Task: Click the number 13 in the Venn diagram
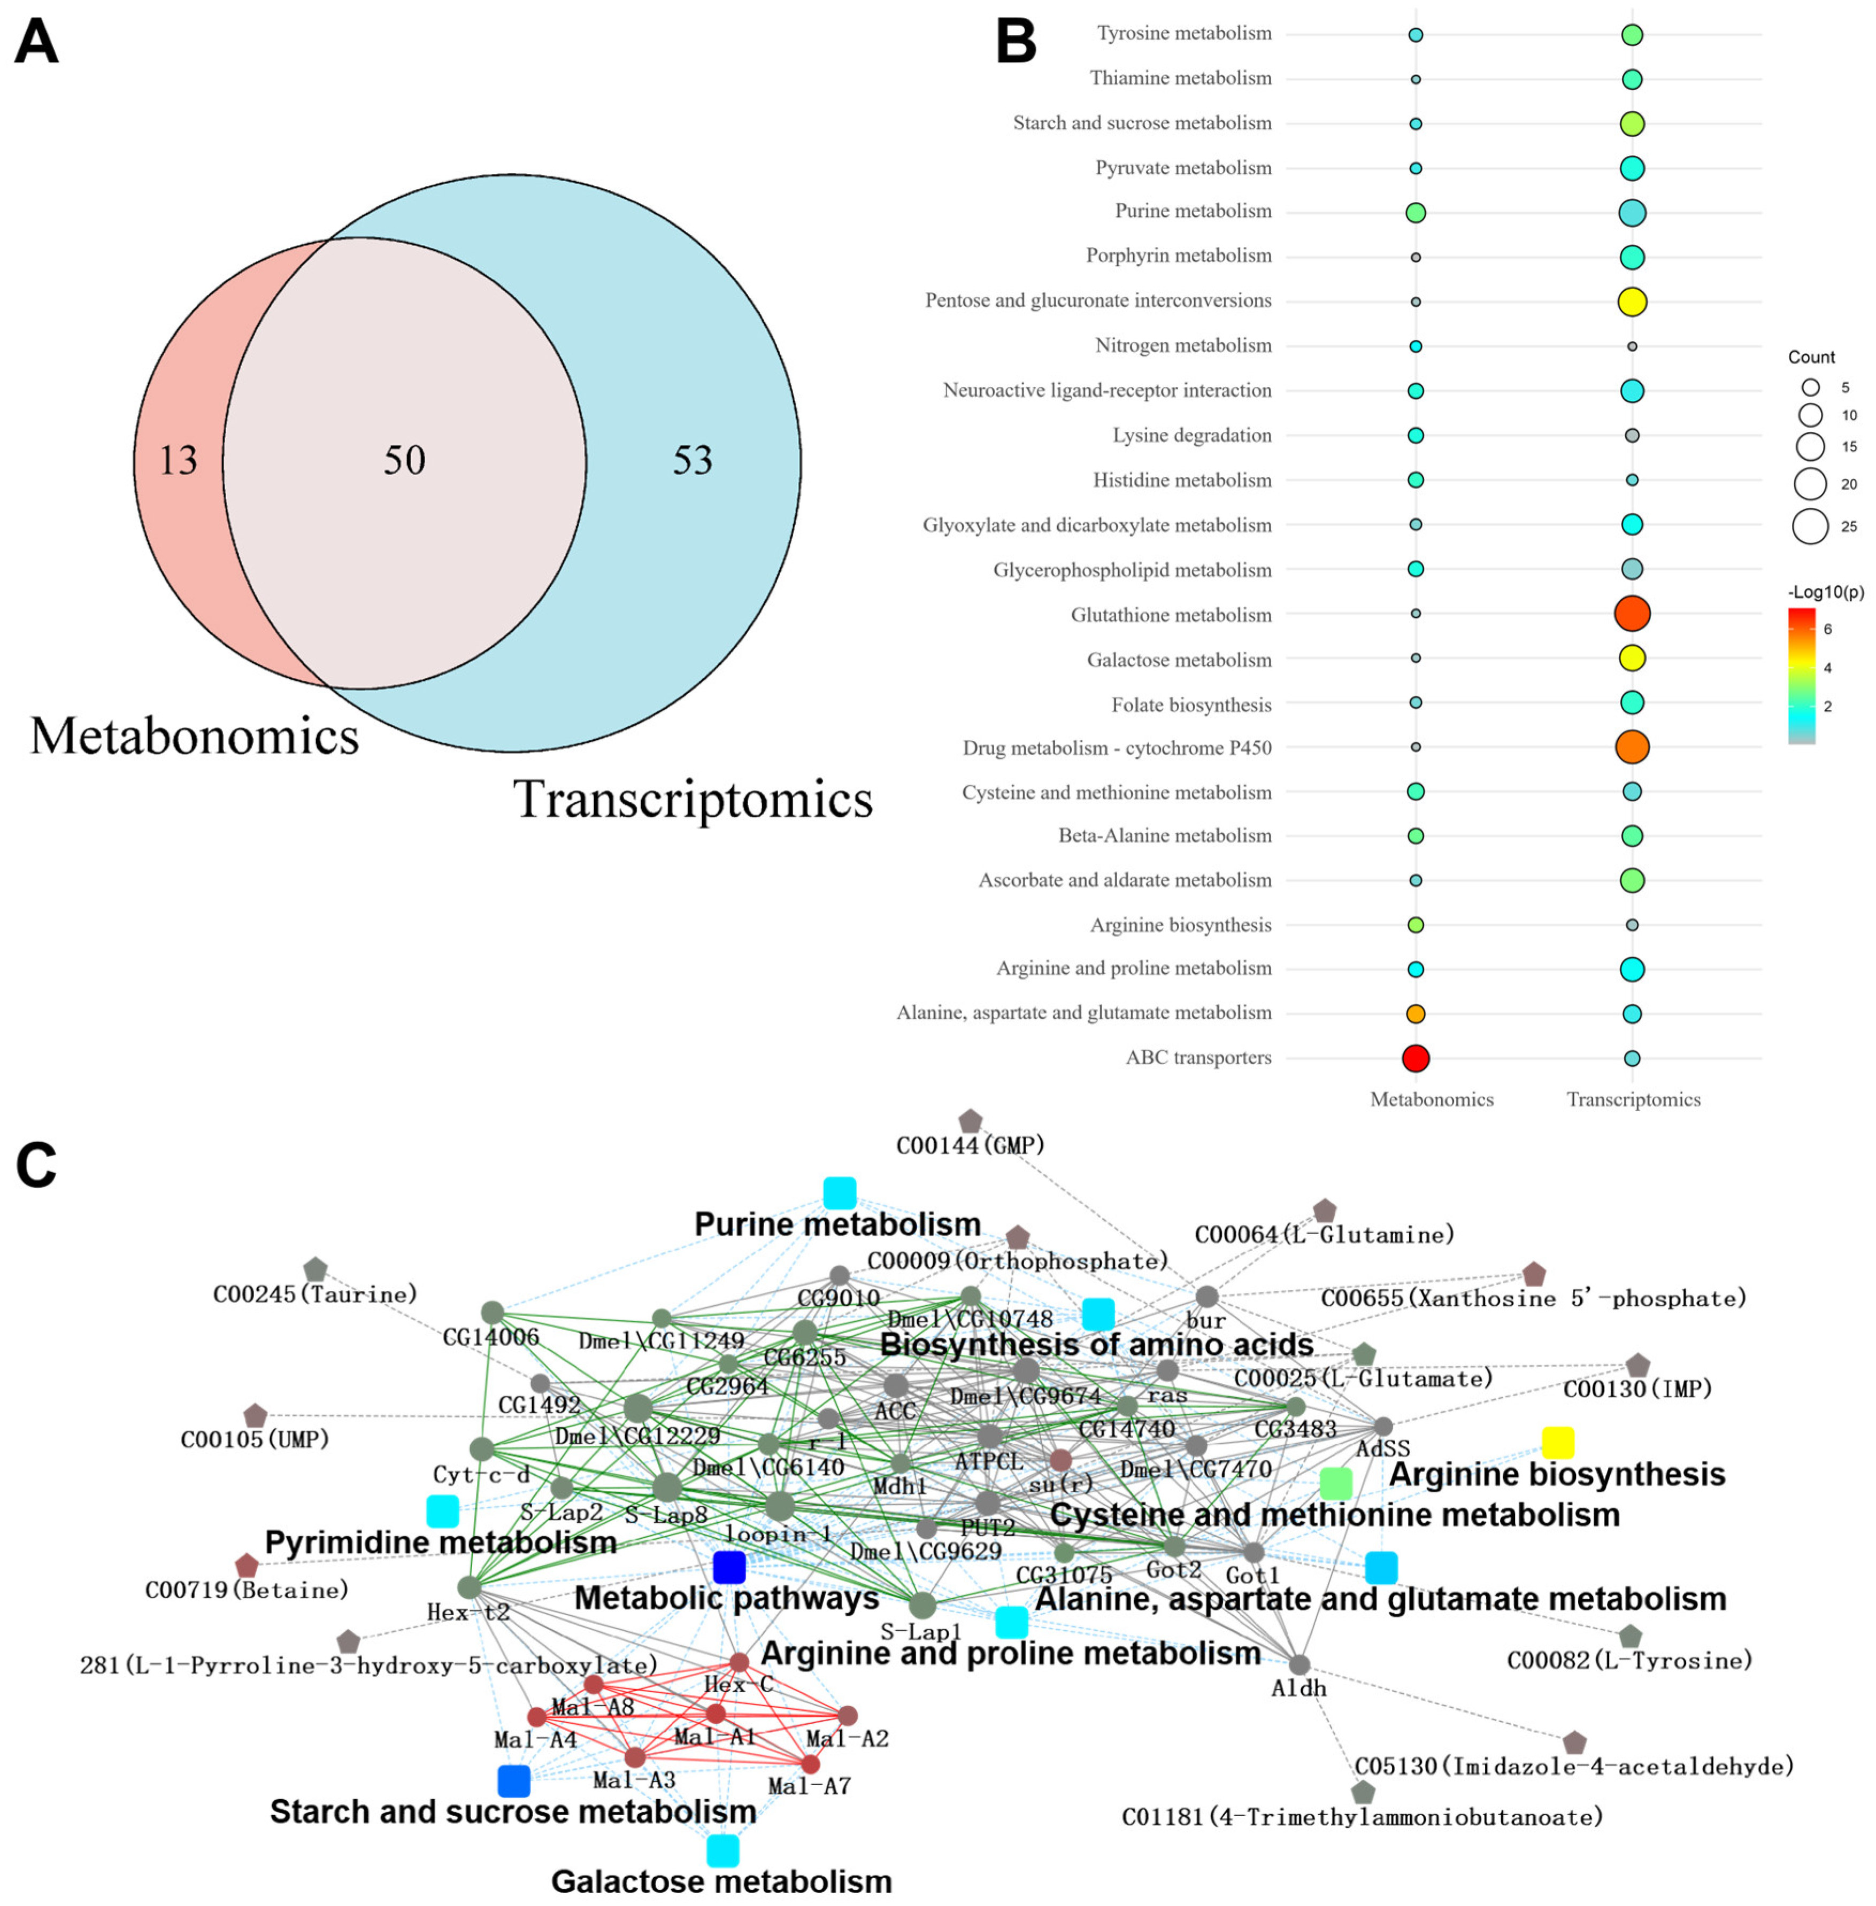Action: [178, 461]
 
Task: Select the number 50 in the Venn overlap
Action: [404, 461]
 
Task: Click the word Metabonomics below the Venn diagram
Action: [194, 737]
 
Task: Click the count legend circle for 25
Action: [1810, 526]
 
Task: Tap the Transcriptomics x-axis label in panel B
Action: [1634, 1099]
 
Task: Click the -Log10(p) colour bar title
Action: [1825, 593]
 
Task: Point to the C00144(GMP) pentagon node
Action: [970, 1121]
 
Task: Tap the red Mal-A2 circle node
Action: [847, 1716]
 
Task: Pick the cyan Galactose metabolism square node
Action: [722, 1851]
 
